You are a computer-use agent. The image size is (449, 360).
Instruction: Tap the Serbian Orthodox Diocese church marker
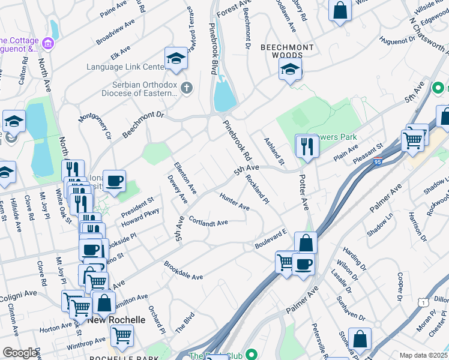coord(187,89)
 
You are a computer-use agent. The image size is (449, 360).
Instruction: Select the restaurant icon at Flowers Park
coord(307,146)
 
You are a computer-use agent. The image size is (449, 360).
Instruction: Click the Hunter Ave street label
coord(234,202)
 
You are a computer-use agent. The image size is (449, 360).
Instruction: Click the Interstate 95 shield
coord(378,161)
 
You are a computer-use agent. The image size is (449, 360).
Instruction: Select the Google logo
coord(20,353)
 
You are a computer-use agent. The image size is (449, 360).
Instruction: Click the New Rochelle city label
coord(116,320)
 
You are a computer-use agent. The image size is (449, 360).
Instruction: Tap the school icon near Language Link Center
coord(176,58)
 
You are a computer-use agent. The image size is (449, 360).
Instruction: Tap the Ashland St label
coord(274,151)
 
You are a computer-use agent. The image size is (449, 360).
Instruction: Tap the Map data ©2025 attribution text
coord(424,355)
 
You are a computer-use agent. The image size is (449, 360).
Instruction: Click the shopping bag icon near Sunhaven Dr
coord(361,339)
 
